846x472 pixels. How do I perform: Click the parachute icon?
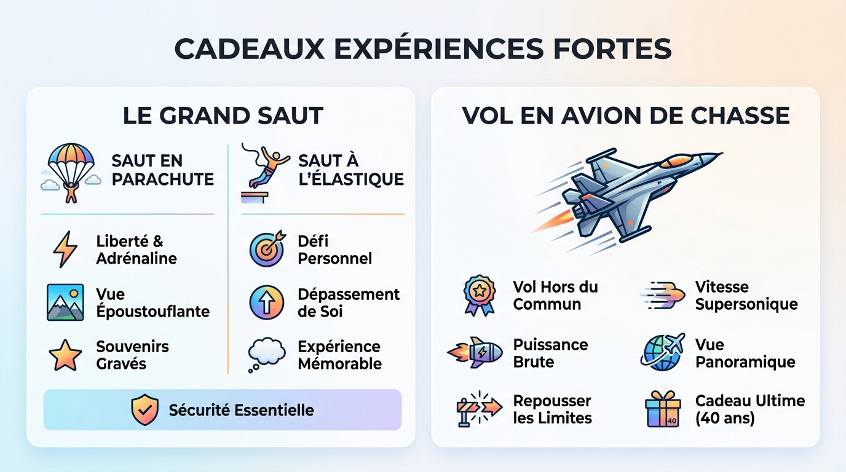pos(71,173)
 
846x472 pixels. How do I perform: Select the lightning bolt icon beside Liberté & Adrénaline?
pos(65,250)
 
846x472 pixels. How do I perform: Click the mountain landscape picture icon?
pos(65,302)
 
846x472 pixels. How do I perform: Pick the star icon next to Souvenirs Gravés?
pos(65,355)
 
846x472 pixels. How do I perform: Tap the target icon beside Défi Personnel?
pos(267,248)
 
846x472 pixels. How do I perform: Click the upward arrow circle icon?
pos(267,302)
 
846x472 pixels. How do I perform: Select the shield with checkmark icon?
pos(144,410)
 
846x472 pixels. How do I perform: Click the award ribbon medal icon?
pos(480,295)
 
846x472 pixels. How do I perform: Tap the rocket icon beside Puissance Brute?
pos(475,353)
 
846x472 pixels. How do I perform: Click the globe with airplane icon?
pos(663,352)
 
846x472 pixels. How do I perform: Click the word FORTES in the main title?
pos(612,49)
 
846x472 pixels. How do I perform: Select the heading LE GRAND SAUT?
pos(223,116)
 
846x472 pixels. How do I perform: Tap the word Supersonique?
pos(746,305)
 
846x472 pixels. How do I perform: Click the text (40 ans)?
pos(725,419)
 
